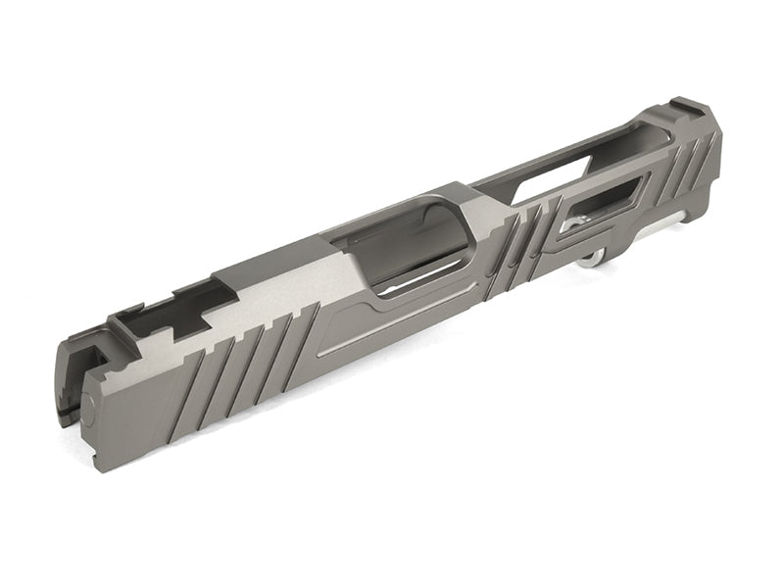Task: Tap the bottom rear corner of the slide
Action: tap(98, 466)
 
